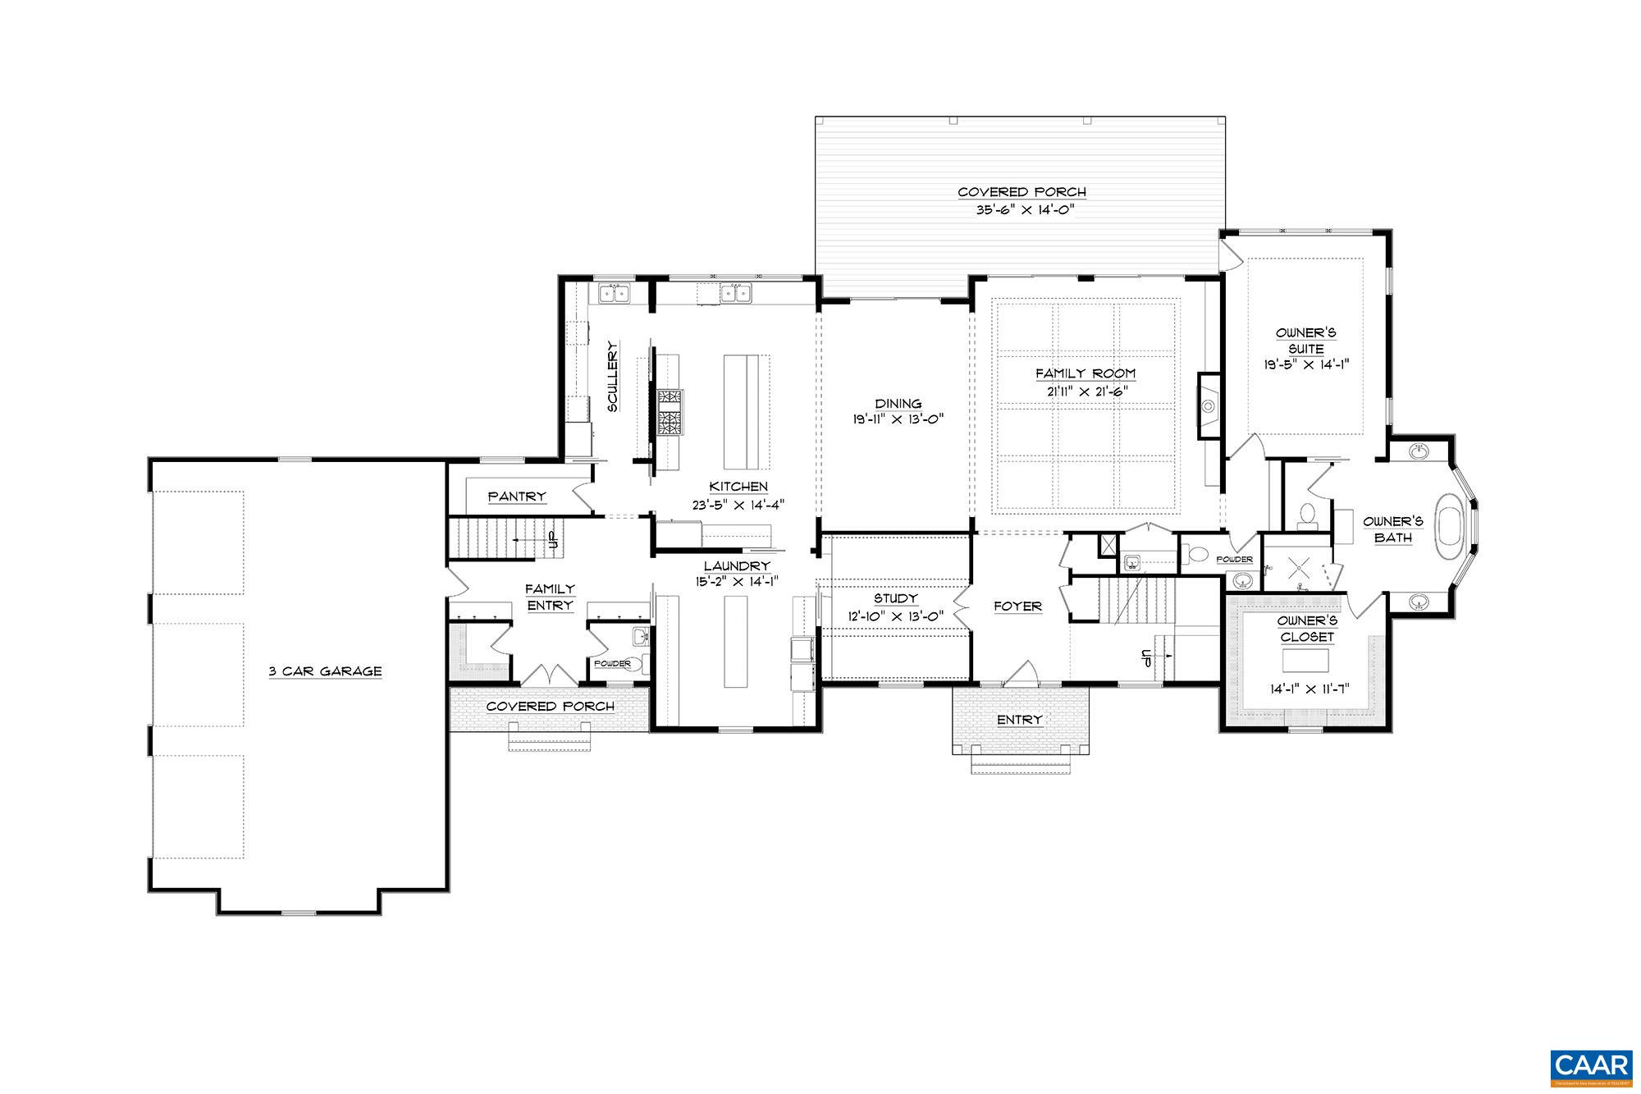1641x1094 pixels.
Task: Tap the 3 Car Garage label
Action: click(x=326, y=671)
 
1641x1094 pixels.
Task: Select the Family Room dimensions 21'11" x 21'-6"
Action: click(x=1085, y=391)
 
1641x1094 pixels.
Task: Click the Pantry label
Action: click(x=517, y=497)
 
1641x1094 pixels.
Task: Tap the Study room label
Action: click(x=895, y=599)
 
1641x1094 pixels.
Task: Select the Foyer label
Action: click(x=1017, y=607)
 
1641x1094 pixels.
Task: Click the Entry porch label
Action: click(x=1019, y=720)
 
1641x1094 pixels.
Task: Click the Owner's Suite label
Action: click(x=1305, y=341)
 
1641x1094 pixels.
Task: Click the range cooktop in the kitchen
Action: click(x=670, y=413)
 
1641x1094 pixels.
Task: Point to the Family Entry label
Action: click(x=550, y=597)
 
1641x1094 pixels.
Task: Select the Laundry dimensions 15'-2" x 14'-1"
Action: click(x=736, y=581)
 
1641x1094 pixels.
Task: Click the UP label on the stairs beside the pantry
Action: click(x=553, y=539)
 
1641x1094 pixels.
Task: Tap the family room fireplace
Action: click(x=1208, y=405)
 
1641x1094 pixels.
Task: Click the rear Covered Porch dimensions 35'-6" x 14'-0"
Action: click(x=1022, y=209)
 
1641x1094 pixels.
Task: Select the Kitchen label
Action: click(x=738, y=487)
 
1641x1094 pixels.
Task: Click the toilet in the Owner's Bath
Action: click(x=1306, y=515)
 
